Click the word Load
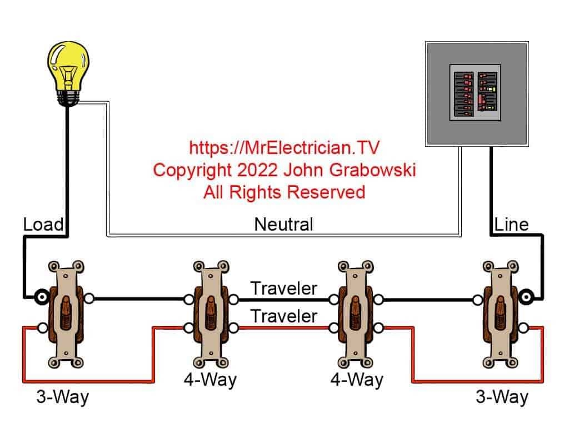tap(43, 225)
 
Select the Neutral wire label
tap(283, 225)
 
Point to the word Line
tap(511, 225)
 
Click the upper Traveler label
tap(283, 289)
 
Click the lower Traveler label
tap(283, 316)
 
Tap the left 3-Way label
tap(62, 398)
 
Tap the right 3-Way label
tap(502, 398)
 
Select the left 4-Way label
tap(210, 380)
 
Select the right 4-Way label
tap(356, 380)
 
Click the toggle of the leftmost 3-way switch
tap(66, 310)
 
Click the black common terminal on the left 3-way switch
tap(41, 298)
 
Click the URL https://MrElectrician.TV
tap(284, 148)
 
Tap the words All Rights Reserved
tap(284, 192)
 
